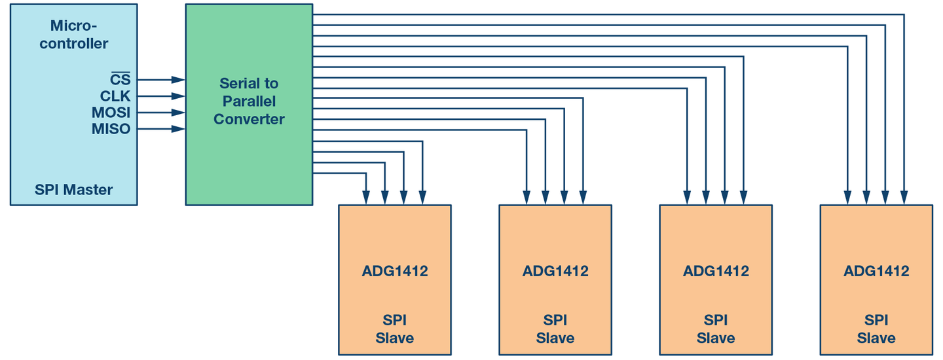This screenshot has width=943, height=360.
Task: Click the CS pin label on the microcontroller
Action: coord(120,79)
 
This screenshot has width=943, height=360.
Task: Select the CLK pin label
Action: coord(115,96)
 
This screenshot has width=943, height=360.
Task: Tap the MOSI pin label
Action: coord(111,113)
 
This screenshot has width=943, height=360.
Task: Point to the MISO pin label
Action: coord(111,129)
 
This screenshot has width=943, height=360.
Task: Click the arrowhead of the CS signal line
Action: coord(179,79)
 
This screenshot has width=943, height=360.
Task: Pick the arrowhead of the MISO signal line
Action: coord(179,129)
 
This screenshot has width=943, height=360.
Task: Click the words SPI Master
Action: coord(73,190)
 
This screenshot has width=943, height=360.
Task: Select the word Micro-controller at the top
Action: coord(73,35)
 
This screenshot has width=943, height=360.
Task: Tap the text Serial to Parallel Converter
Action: coord(249,101)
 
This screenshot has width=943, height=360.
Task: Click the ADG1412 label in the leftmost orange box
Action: coord(395,271)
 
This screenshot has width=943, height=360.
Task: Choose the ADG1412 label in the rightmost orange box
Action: coord(876,271)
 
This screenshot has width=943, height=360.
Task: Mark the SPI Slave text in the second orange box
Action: coord(555,329)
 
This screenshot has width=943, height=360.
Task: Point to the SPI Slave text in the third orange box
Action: coord(716,329)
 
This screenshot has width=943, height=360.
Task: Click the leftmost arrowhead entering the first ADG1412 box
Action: coord(366,198)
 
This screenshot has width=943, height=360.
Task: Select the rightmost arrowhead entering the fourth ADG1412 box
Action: coord(904,198)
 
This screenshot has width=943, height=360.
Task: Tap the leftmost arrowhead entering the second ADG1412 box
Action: coord(527,198)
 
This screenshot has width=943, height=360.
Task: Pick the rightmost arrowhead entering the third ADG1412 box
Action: coord(743,198)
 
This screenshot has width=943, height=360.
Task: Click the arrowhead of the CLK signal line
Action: coord(179,96)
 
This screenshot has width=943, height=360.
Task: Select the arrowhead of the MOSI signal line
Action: coord(179,113)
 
